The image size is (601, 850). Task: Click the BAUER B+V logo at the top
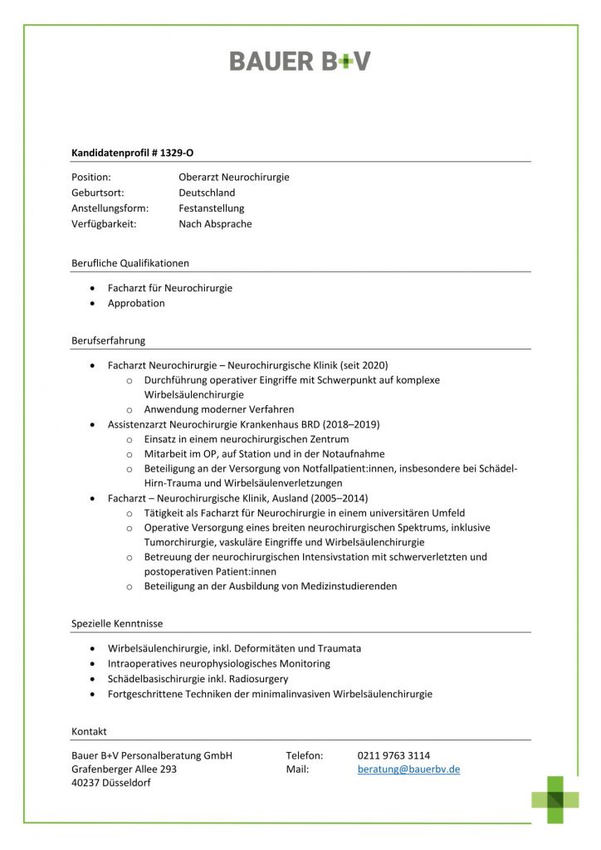[300, 61]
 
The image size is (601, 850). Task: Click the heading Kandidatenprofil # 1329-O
[133, 153]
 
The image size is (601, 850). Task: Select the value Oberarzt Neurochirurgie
[234, 177]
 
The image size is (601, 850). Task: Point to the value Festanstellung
[212, 208]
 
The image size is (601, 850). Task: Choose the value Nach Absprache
[215, 223]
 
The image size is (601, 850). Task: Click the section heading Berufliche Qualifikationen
[130, 263]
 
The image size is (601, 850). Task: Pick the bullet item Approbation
[136, 303]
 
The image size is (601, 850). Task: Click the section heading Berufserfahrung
[109, 340]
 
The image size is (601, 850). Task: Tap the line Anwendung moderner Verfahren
[219, 409]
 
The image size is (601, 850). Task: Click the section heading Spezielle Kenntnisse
[117, 623]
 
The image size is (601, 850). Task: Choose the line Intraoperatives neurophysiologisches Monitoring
[219, 663]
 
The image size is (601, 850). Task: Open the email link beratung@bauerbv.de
[408, 769]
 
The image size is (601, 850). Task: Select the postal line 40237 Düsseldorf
[111, 784]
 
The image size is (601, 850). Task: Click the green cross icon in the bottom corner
[555, 799]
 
